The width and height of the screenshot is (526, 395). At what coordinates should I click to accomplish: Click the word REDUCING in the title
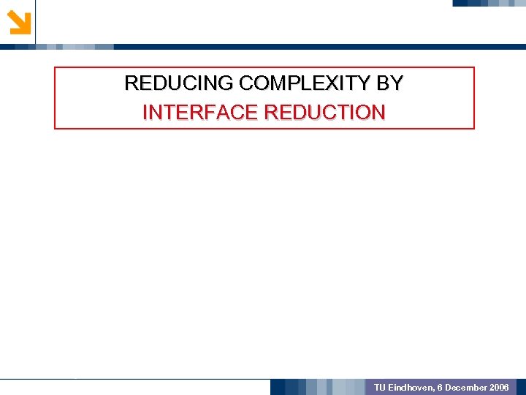[167, 83]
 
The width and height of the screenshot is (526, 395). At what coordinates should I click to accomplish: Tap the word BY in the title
[389, 83]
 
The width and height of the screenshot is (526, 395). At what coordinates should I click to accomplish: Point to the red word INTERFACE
[200, 113]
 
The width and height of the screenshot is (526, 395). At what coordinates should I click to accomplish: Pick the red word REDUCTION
[324, 113]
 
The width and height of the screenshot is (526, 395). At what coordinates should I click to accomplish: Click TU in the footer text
[379, 387]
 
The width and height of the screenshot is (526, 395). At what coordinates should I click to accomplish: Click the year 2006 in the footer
[500, 387]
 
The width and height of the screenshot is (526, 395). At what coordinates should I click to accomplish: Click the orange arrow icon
[19, 22]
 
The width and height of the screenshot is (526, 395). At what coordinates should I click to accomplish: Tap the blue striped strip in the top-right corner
[488, 3]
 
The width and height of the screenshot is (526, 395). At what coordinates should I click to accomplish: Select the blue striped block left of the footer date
[318, 387]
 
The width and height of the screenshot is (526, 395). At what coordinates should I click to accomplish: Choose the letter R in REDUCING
[131, 83]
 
